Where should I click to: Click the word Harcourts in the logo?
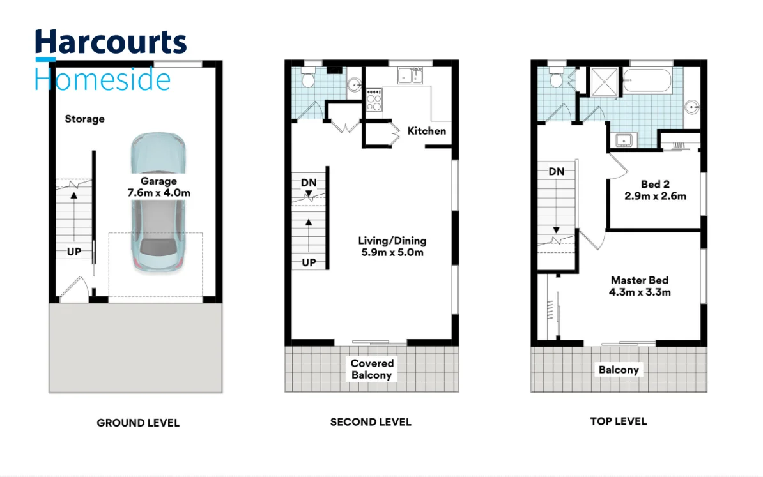click(x=110, y=43)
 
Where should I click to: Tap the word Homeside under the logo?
click(x=102, y=79)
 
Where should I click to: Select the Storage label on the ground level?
click(x=84, y=119)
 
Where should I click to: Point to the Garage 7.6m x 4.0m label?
click(x=158, y=186)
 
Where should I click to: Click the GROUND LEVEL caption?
click(x=138, y=423)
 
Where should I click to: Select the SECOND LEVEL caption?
click(x=371, y=422)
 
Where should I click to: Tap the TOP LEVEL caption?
click(x=618, y=421)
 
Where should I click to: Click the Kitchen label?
click(x=427, y=131)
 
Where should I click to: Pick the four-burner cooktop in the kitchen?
click(x=373, y=100)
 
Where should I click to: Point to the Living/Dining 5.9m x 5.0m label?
click(x=392, y=246)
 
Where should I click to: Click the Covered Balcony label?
click(x=372, y=369)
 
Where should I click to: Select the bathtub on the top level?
click(x=647, y=81)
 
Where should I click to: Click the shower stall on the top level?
click(x=599, y=81)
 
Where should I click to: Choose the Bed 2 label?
click(x=655, y=190)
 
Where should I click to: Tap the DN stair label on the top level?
click(x=557, y=171)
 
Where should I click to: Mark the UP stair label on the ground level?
click(x=74, y=252)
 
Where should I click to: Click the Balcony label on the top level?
click(x=619, y=370)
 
